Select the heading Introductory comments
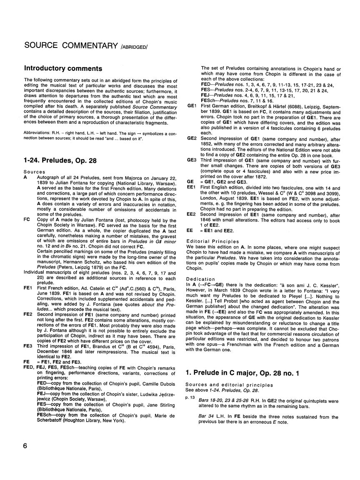pyautogui.click(x=63, y=69)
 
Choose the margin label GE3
pyautogui.click(x=192, y=160)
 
